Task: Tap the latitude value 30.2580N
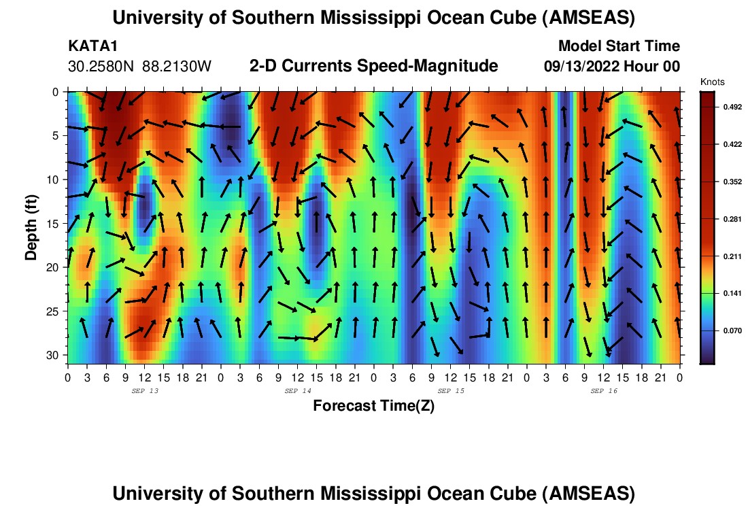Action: pos(102,67)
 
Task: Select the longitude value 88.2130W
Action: pos(177,67)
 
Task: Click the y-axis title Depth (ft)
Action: pos(31,224)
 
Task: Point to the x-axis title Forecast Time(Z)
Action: pos(373,406)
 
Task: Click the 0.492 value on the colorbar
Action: pos(725,107)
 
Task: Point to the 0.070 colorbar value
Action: pos(725,330)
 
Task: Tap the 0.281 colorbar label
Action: pos(725,218)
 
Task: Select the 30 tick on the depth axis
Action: pos(56,356)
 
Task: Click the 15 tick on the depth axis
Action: pos(56,224)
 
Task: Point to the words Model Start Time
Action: pos(618,46)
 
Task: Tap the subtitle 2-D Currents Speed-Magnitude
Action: pos(373,66)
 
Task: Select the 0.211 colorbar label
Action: pos(725,256)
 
